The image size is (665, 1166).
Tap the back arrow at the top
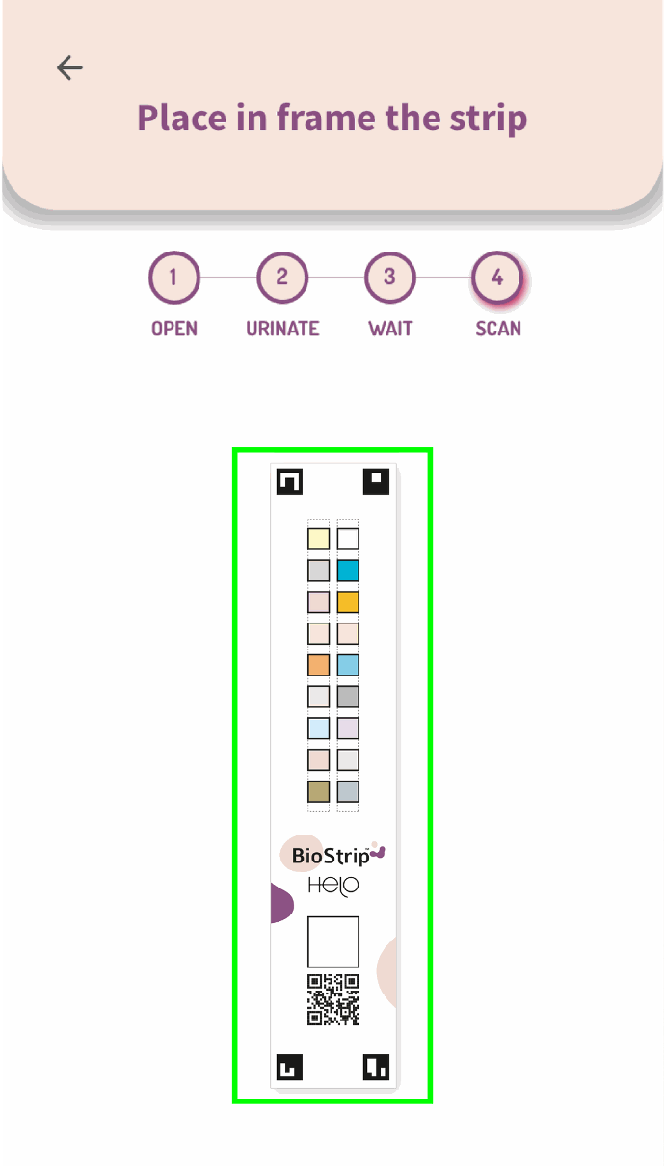pyautogui.click(x=69, y=67)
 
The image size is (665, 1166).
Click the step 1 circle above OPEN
pyautogui.click(x=173, y=278)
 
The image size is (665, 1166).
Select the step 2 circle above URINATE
pyautogui.click(x=281, y=278)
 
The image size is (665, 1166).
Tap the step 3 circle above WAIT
pyautogui.click(x=389, y=278)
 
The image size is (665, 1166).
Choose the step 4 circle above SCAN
pyautogui.click(x=497, y=278)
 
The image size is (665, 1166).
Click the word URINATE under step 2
pyautogui.click(x=282, y=329)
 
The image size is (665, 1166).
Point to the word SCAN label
pyautogui.click(x=498, y=329)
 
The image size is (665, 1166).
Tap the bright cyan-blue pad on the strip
pyautogui.click(x=348, y=570)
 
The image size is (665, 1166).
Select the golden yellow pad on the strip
pyautogui.click(x=348, y=602)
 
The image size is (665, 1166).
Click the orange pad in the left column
pyautogui.click(x=318, y=665)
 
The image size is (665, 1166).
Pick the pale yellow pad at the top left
pyautogui.click(x=318, y=539)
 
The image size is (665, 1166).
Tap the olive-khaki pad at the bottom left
pyautogui.click(x=318, y=791)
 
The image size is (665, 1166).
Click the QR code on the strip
pyautogui.click(x=333, y=999)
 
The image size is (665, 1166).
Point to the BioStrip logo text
pyautogui.click(x=331, y=855)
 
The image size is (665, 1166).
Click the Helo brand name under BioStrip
pyautogui.click(x=333, y=886)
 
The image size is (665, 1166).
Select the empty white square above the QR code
pyautogui.click(x=333, y=941)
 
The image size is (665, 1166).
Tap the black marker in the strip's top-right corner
pyautogui.click(x=376, y=482)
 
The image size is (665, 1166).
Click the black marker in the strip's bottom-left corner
pyautogui.click(x=289, y=1067)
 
